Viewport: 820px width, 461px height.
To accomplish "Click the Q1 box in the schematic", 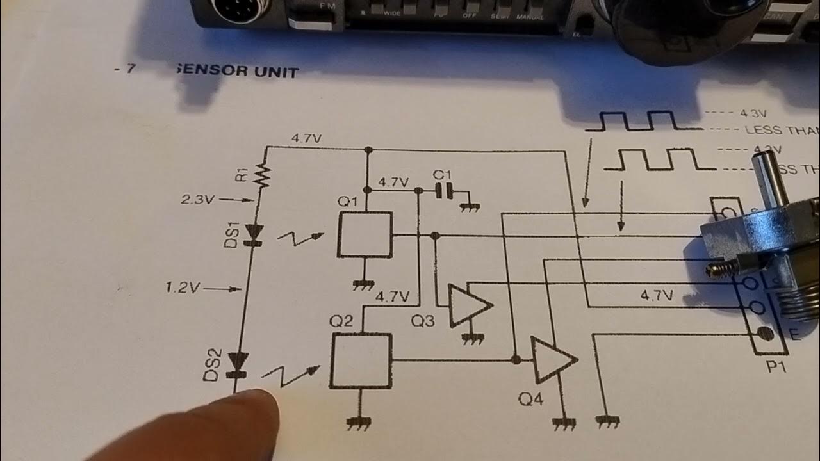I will tap(365, 235).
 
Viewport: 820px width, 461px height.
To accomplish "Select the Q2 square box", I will tap(361, 360).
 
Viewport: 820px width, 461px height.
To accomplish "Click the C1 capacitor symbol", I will tap(445, 190).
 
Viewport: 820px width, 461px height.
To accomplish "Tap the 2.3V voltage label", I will tap(197, 200).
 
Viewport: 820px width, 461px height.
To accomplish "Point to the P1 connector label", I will tap(768, 369).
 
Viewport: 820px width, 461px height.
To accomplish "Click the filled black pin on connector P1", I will tap(763, 334).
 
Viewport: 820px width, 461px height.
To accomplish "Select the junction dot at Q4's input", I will tap(516, 360).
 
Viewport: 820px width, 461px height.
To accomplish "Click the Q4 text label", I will tap(530, 400).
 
